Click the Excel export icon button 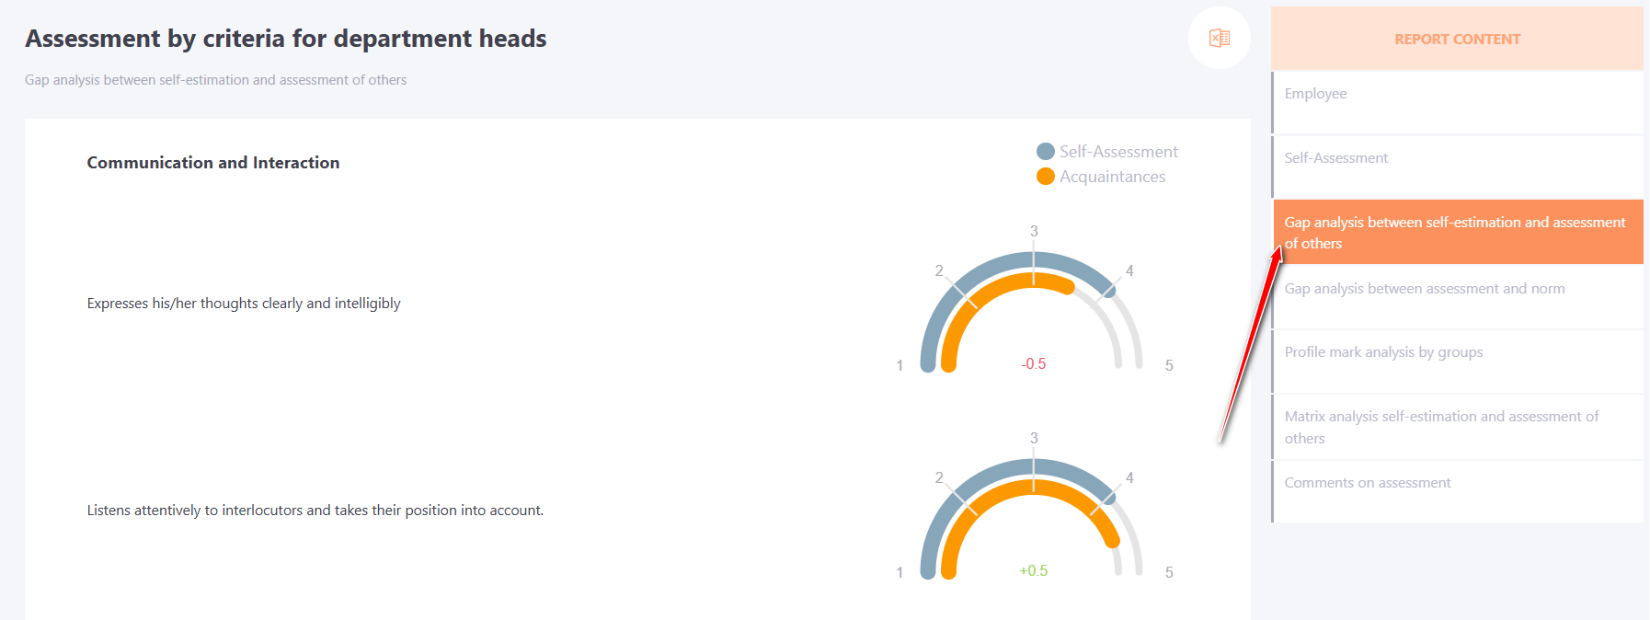click(1220, 38)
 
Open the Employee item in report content click(1315, 94)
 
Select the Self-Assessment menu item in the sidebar click(1335, 158)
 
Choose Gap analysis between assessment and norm click(1425, 289)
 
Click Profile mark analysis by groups click(1383, 352)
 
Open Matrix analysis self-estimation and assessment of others click(1441, 427)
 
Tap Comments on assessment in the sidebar click(1368, 483)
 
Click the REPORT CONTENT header click(1457, 40)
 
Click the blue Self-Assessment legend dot click(1046, 152)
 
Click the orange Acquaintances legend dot click(1046, 177)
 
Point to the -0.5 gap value click(1034, 364)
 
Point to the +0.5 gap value click(1034, 571)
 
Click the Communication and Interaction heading click(213, 163)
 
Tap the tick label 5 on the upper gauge click(1169, 365)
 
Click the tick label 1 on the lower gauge click(899, 572)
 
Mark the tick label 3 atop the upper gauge click(1034, 231)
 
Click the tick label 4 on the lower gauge click(1129, 477)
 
